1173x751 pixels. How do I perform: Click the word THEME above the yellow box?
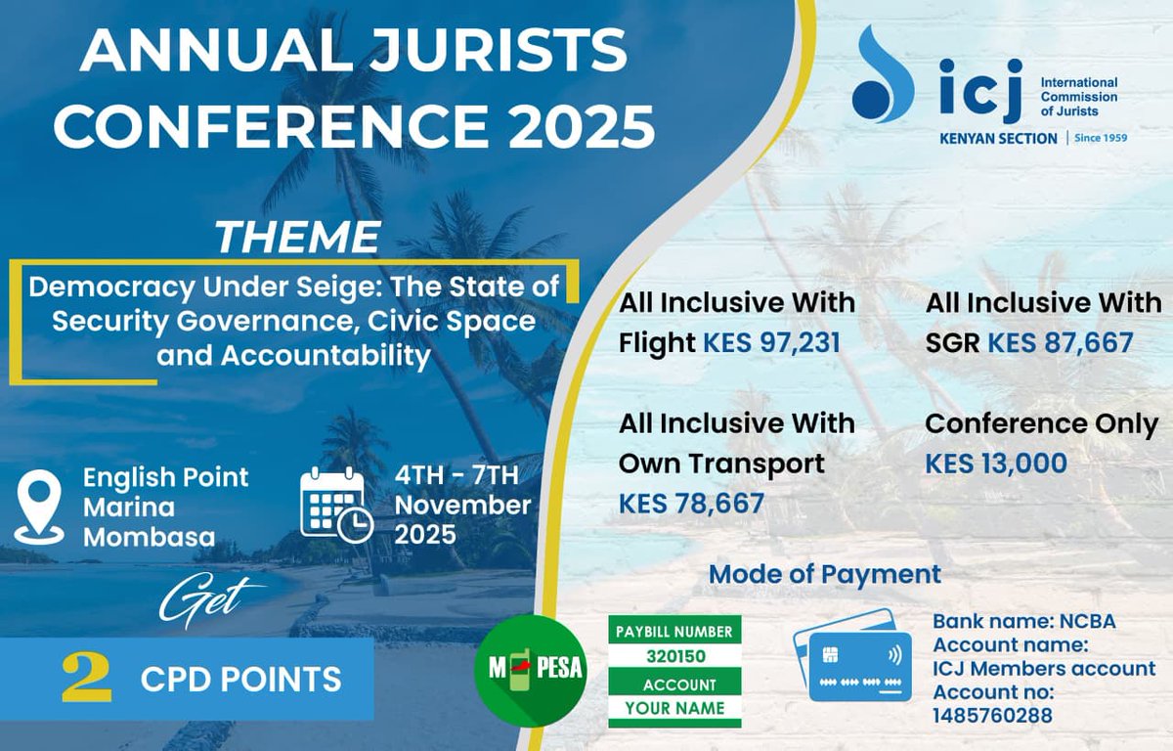coord(297,239)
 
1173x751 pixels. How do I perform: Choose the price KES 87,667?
coord(1060,342)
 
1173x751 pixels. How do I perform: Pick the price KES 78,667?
coord(691,504)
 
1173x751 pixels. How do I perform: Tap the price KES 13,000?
coord(996,464)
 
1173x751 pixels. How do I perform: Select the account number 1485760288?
coord(992,716)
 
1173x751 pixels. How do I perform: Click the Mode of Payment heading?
coord(824,574)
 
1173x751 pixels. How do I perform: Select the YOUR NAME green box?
coord(674,708)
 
